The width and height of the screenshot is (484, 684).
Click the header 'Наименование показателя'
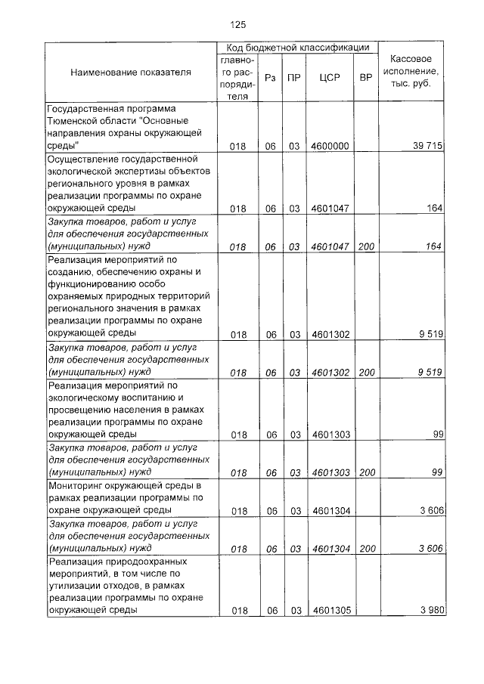click(131, 73)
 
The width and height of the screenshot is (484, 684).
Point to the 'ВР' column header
click(366, 78)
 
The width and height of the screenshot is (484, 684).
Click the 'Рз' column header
click(270, 78)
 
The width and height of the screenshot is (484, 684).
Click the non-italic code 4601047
click(330, 209)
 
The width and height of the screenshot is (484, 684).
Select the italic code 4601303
click(330, 473)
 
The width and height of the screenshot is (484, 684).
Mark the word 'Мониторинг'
click(79, 485)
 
